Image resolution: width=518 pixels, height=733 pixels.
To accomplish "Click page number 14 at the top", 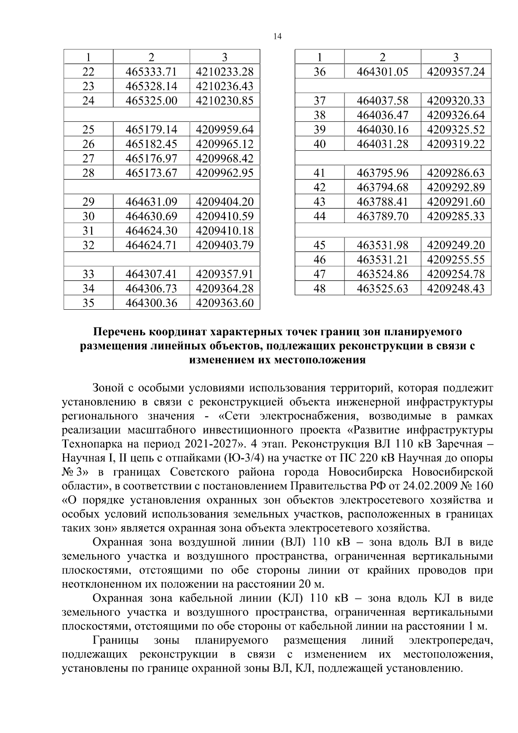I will [277, 37].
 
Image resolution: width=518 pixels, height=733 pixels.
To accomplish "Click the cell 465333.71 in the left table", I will [151, 72].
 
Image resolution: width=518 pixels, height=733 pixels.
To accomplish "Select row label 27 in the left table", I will [88, 159].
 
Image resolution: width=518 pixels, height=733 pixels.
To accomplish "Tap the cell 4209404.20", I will [224, 202].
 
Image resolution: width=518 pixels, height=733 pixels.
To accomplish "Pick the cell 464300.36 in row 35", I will [151, 303].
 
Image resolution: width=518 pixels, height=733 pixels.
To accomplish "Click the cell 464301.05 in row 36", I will [382, 72].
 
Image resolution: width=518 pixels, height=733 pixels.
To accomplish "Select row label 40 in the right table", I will [319, 144].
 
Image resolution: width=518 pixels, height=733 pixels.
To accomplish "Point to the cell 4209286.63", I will [456, 173].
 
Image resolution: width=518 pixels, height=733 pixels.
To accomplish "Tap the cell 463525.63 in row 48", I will [382, 289].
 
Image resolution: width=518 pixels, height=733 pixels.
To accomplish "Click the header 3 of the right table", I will [456, 57].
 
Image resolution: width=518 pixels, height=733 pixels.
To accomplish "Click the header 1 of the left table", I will [88, 57].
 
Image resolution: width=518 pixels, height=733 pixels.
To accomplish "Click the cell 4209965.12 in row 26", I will [224, 144].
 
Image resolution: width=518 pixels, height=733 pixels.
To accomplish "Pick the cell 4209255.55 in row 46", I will [456, 260].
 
